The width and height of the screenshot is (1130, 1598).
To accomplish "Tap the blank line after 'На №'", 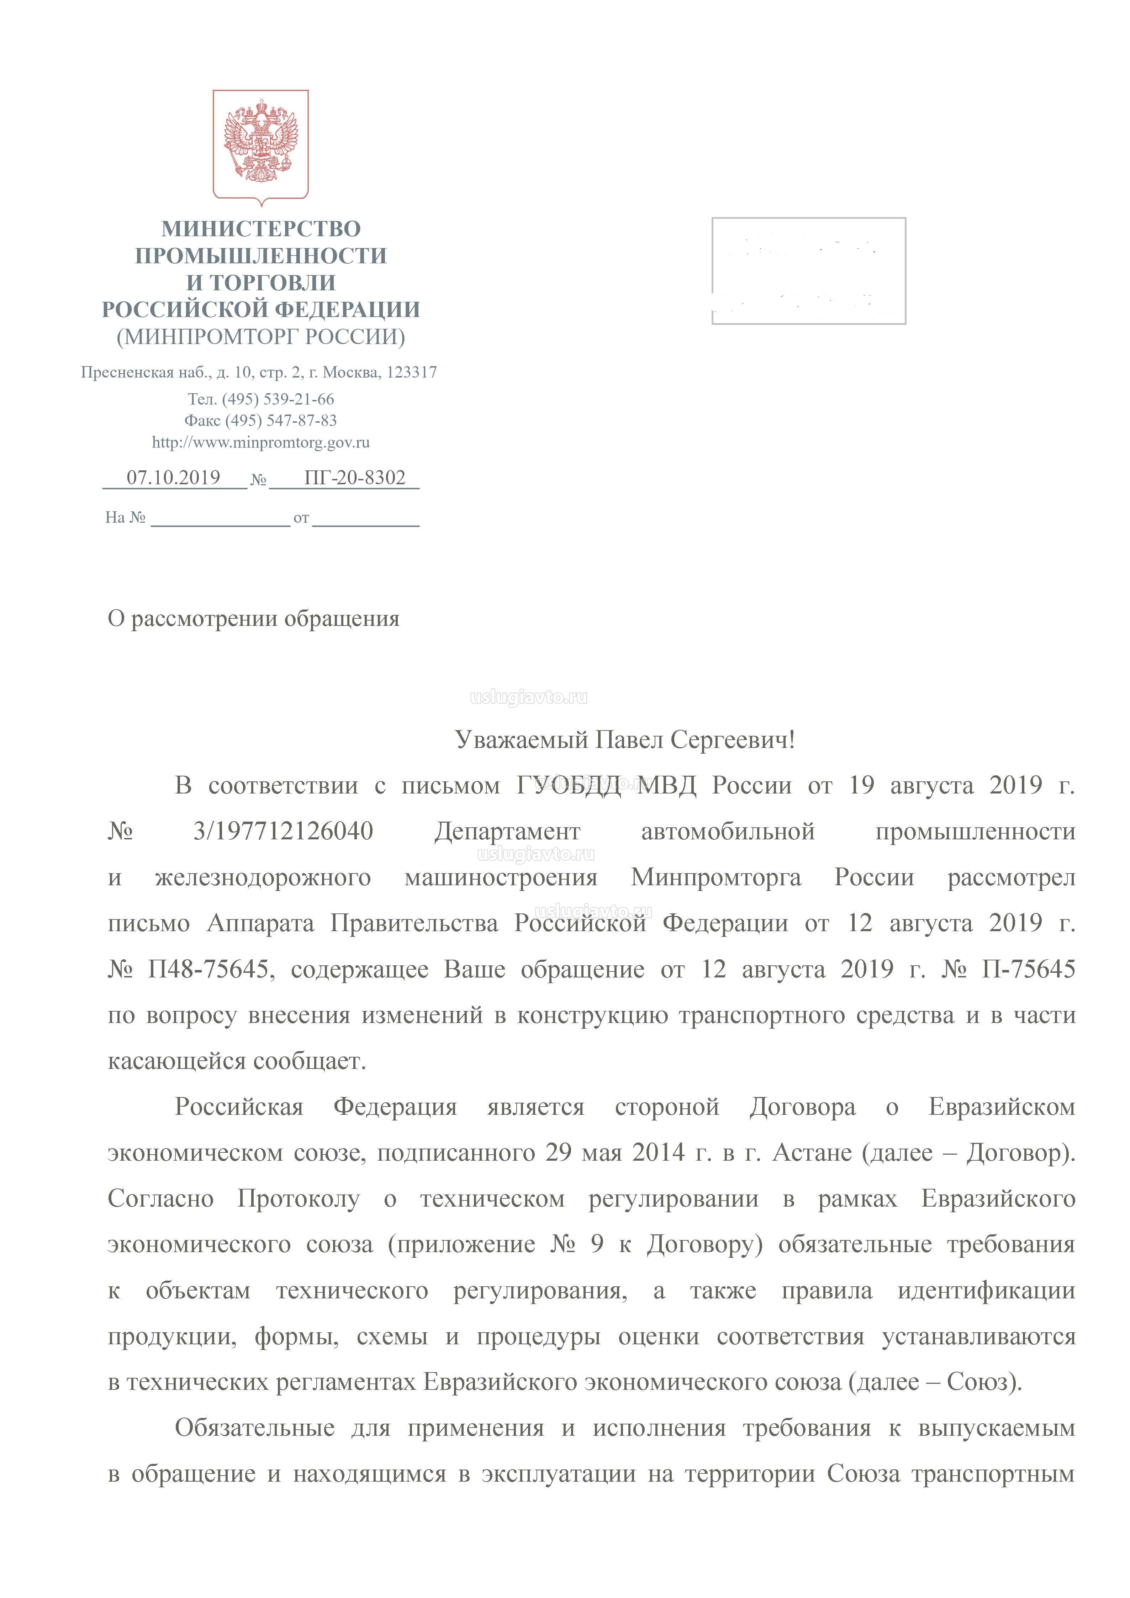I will pos(220,518).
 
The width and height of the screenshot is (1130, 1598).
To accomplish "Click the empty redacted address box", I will pos(808,271).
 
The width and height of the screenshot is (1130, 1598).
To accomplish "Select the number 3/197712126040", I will pos(283,831).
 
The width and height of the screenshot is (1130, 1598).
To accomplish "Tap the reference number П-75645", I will pos(1028,969).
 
